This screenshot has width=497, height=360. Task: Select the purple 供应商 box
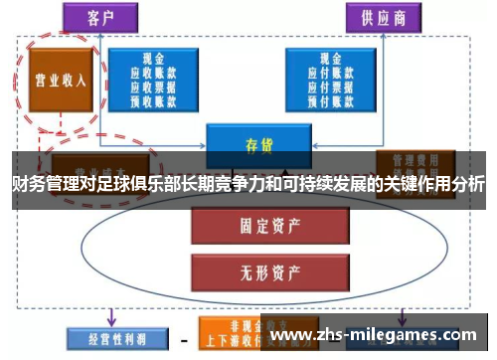tap(382, 17)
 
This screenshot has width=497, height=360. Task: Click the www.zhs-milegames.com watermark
tap(377, 335)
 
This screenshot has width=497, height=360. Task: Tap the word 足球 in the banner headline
tap(109, 185)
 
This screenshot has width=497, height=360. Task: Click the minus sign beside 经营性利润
tap(183, 338)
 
